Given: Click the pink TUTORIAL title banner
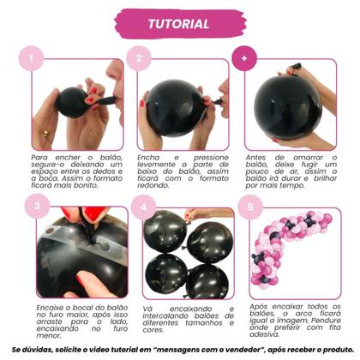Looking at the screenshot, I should (178, 23).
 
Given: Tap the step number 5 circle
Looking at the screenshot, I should (249, 206).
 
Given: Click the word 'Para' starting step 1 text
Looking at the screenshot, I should (40, 159).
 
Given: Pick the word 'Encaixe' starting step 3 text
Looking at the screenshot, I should (47, 305).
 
